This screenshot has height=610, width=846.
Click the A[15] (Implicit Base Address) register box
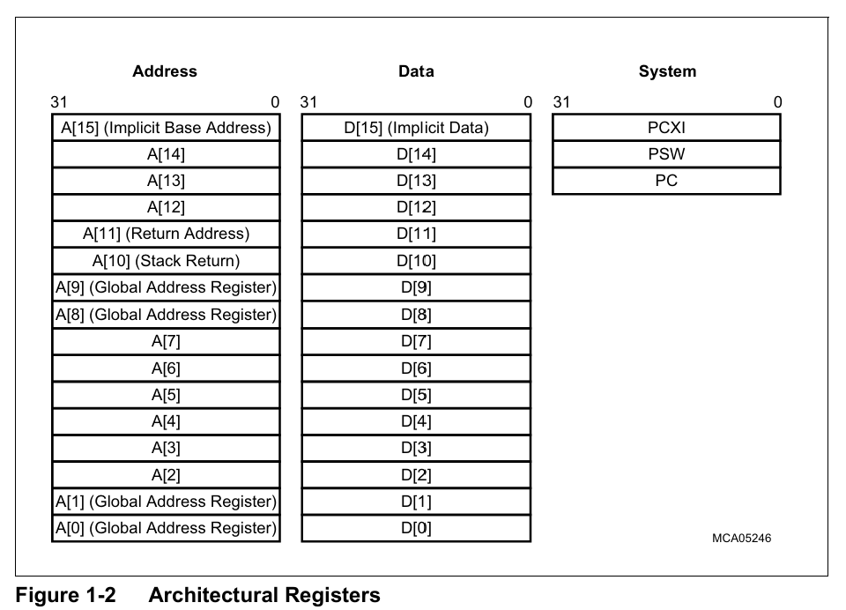point(167,128)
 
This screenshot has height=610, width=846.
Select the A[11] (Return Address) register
point(167,234)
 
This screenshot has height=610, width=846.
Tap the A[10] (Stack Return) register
point(167,261)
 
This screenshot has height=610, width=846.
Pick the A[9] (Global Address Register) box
point(167,287)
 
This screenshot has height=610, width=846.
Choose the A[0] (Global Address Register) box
point(167,528)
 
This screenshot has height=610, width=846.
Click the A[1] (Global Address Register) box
point(167,502)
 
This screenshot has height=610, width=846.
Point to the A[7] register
point(167,341)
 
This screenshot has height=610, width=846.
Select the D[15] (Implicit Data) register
point(416,128)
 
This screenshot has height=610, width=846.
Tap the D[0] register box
point(416,528)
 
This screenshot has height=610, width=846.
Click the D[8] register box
point(416,314)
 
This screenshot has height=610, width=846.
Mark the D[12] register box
point(416,207)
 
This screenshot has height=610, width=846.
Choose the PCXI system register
point(666,128)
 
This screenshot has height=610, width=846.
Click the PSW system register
point(666,154)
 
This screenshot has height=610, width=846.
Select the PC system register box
point(666,181)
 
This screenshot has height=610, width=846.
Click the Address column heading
point(165,71)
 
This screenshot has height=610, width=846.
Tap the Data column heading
point(416,71)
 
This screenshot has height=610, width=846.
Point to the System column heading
point(667,71)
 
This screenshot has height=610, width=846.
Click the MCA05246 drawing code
point(741,539)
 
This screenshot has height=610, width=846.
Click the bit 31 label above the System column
point(561,102)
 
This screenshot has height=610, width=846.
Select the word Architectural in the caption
point(213,595)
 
